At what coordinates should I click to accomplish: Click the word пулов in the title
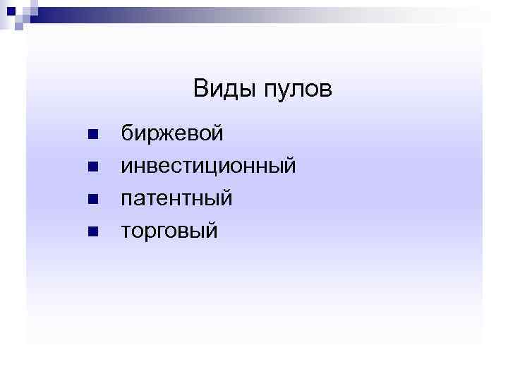click(298, 90)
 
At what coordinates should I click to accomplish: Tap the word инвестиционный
click(208, 167)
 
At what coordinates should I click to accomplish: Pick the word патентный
click(176, 199)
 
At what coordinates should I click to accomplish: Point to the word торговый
click(169, 231)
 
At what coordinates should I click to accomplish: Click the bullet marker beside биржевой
click(92, 134)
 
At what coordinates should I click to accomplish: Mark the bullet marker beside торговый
click(92, 231)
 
